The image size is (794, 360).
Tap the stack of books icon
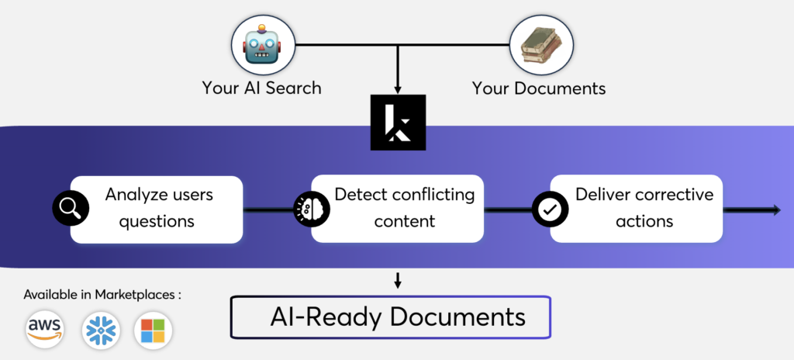point(540,44)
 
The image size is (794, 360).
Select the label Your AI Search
point(261,88)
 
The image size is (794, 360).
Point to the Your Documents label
point(539,88)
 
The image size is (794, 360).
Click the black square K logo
point(398,122)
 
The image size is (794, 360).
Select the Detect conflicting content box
point(398,209)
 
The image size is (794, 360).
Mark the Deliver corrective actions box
point(637,209)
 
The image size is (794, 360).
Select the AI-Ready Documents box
point(391,317)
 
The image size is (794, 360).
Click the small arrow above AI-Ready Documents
point(398,280)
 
